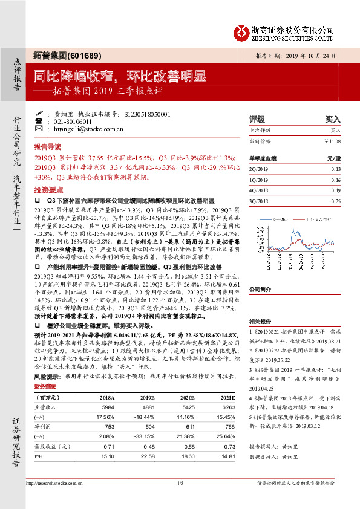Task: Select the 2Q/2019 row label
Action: pos(258,169)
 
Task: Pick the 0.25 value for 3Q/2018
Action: pos(336,201)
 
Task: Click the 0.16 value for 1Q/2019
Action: pos(336,180)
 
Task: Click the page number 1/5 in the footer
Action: pos(180,483)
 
